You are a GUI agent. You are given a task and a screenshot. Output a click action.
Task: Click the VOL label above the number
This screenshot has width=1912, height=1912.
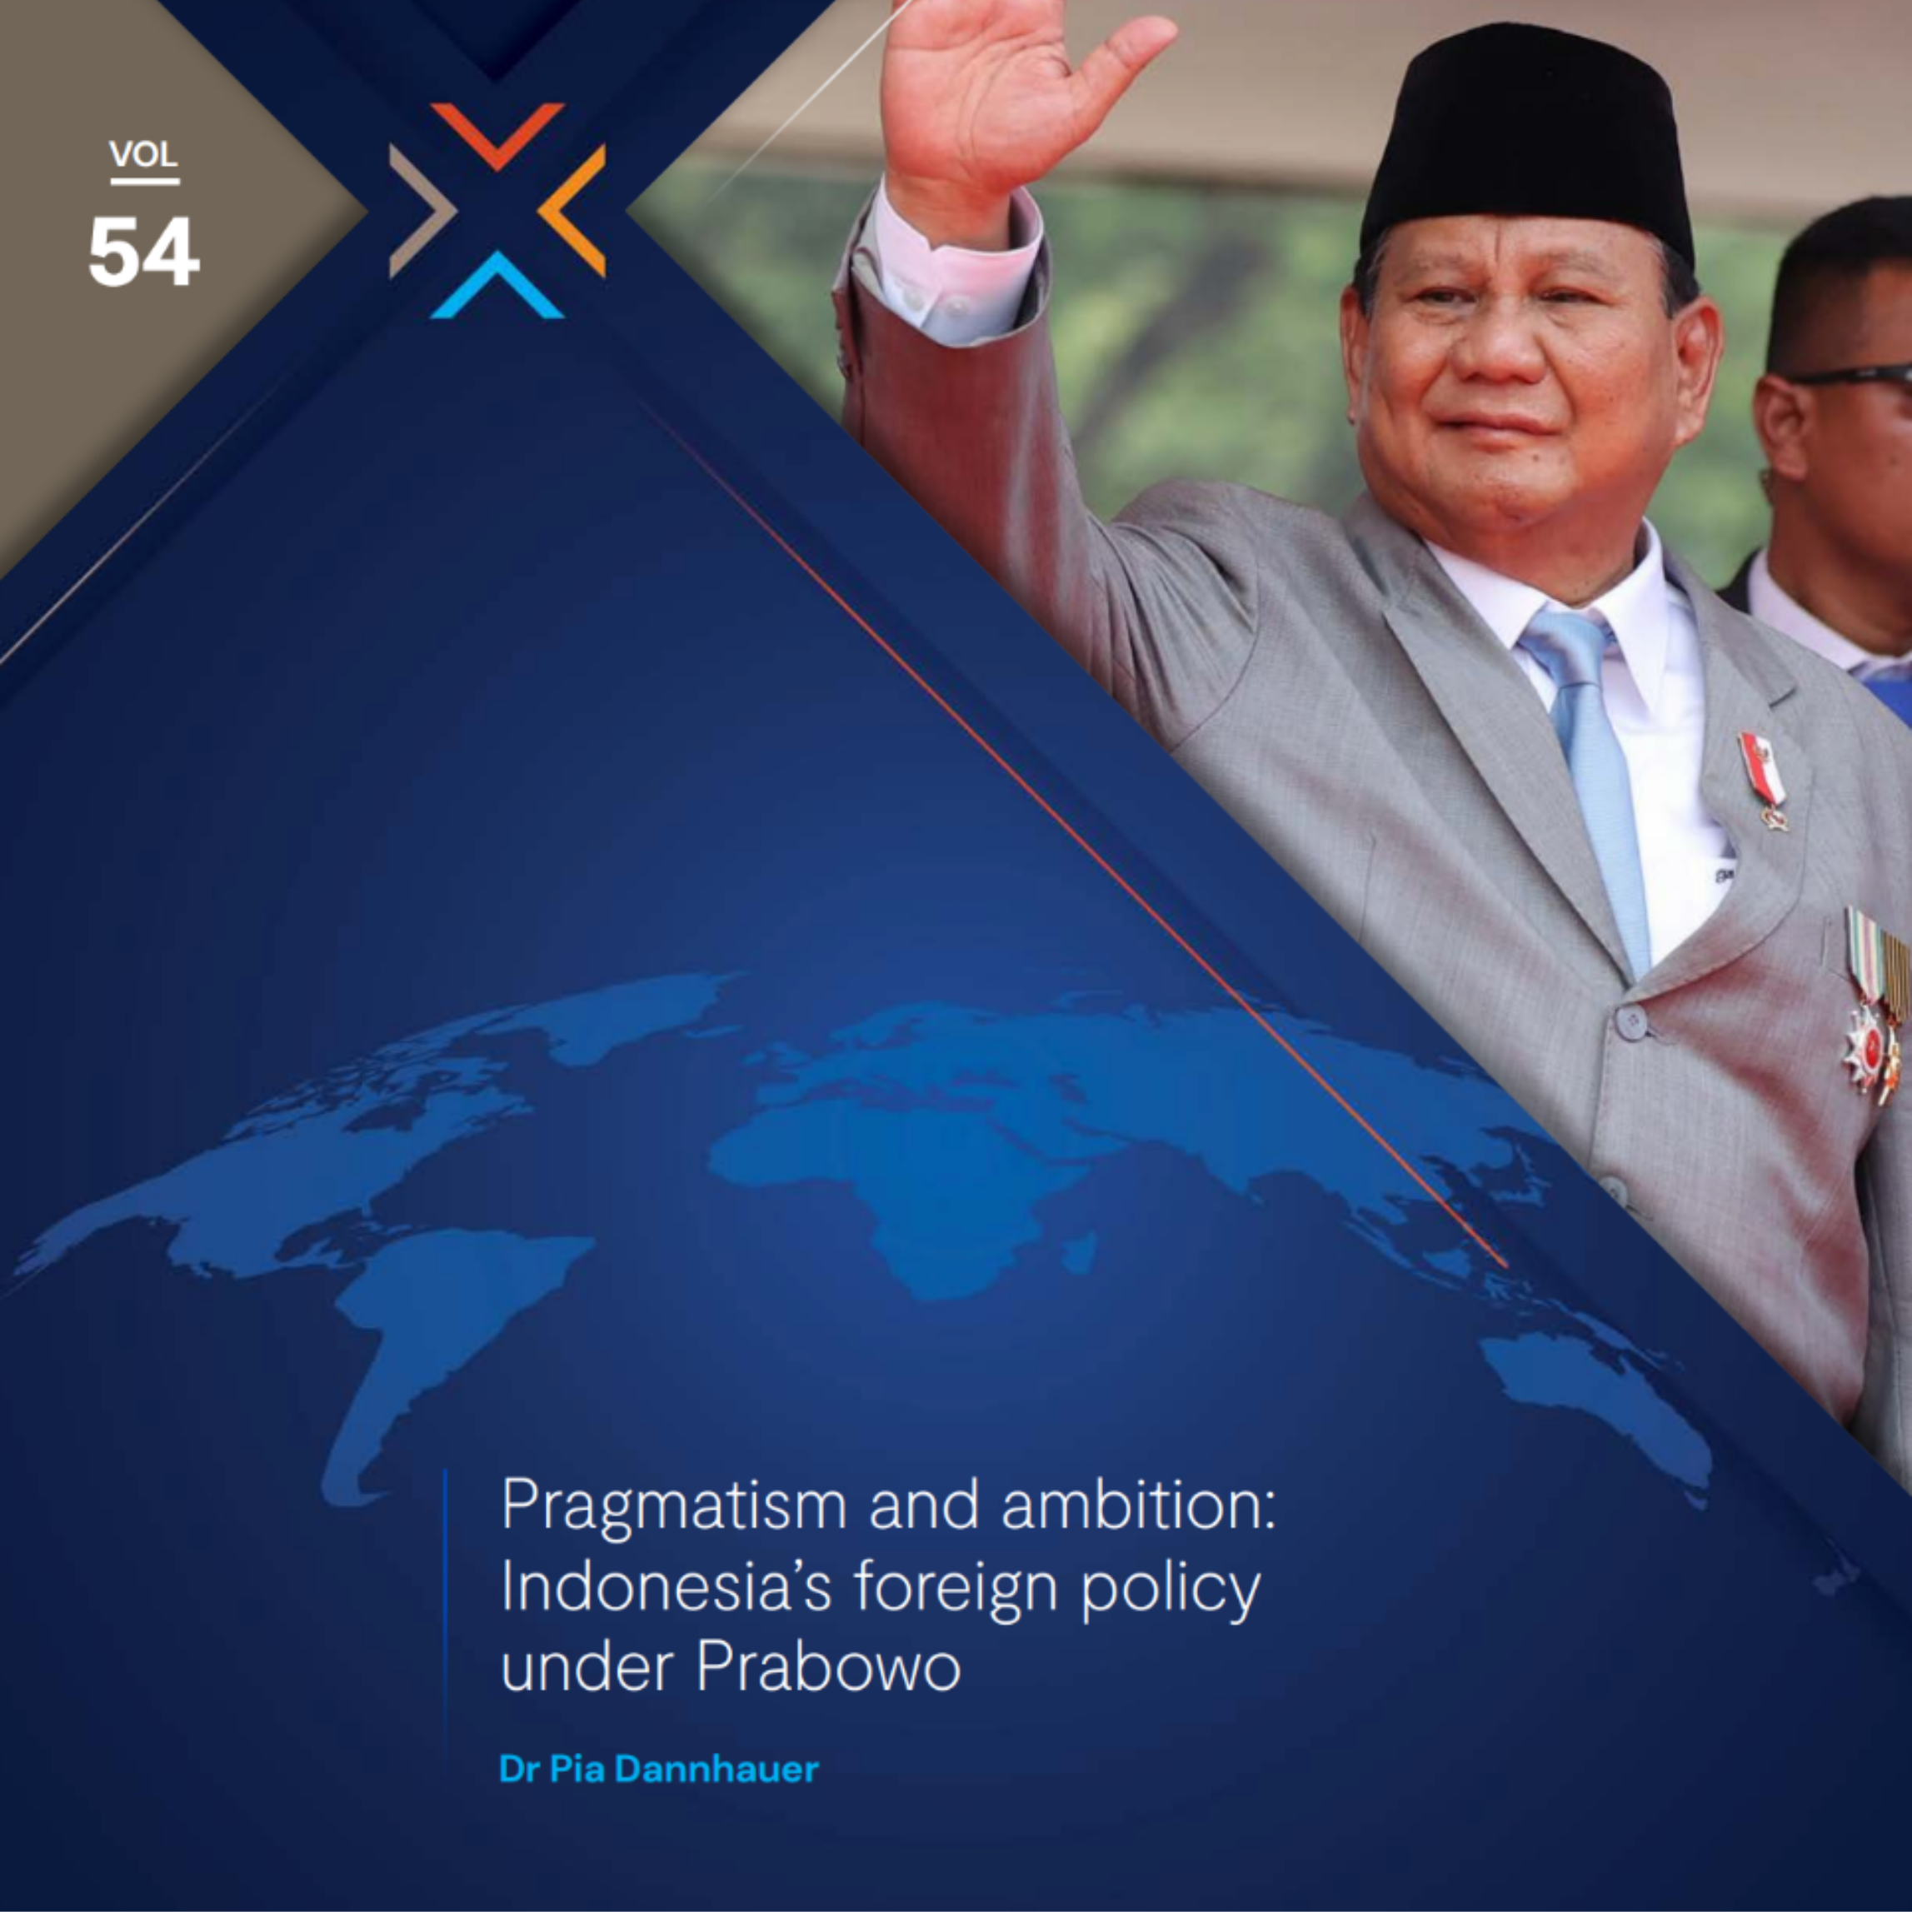click(143, 154)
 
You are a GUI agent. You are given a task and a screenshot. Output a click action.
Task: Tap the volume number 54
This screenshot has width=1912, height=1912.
click(143, 252)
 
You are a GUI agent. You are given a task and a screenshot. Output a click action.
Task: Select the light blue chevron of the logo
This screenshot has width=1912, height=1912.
click(497, 285)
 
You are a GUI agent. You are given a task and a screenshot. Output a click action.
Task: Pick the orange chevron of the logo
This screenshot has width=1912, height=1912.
click(572, 210)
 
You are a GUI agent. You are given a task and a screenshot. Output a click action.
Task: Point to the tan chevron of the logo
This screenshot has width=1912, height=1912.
click(422, 210)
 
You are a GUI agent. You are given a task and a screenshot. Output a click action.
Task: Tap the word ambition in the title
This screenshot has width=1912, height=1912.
click(1138, 1505)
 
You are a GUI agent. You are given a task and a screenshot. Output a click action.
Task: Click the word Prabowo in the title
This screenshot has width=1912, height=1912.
click(828, 1668)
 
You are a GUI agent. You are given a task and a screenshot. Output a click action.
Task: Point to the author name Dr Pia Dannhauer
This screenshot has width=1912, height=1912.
click(659, 1769)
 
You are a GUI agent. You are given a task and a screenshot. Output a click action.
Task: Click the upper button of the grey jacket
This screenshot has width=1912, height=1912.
click(1630, 1021)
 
